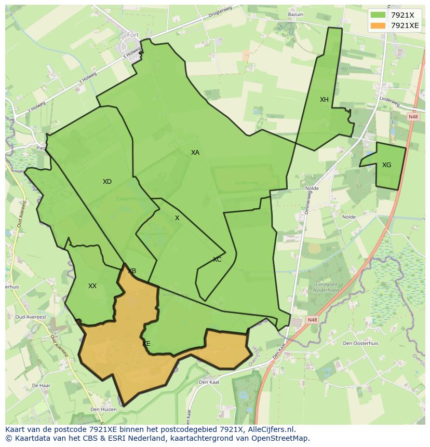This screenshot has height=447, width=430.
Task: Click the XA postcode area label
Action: tap(195, 153)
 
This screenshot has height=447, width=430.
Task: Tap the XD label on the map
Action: tap(107, 182)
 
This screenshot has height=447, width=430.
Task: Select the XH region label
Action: tap(324, 100)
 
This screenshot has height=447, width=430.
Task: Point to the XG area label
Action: tap(386, 165)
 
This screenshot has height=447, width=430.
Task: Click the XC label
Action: tap(217, 260)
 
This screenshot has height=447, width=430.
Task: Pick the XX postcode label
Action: tap(92, 286)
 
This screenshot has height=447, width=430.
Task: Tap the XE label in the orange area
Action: tap(146, 344)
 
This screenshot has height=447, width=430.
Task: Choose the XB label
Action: tap(132, 271)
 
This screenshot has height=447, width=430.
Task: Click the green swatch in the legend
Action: tap(378, 15)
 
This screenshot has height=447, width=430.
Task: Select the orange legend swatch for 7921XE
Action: tap(378, 25)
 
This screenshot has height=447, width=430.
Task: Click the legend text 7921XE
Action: tap(405, 25)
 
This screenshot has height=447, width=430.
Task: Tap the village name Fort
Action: tap(133, 35)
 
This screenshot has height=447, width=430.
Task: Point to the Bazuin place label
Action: tap(295, 15)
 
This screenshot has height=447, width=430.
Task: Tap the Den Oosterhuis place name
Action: tap(360, 343)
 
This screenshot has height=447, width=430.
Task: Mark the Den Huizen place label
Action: tap(103, 410)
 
